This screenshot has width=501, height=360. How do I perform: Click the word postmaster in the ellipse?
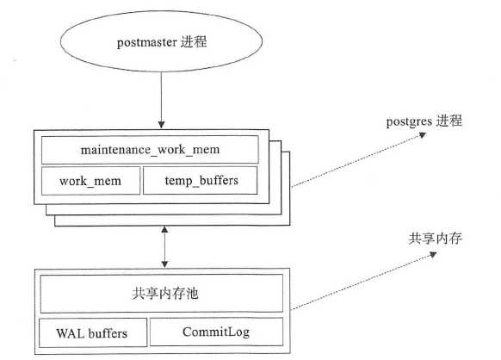146,42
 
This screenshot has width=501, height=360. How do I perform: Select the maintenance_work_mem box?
150,150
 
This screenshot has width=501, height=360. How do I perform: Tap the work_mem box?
90,181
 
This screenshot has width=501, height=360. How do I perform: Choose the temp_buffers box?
201,180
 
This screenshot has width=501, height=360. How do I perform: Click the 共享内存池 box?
162,293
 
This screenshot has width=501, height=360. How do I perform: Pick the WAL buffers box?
93,332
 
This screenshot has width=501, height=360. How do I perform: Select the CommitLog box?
217,332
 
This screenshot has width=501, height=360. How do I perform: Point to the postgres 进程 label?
424,121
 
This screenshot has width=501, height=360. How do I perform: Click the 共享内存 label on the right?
436,239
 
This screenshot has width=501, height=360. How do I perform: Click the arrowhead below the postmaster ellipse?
161,125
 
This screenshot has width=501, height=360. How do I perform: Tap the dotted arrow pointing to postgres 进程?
359,160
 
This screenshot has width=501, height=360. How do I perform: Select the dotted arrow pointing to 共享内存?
363,281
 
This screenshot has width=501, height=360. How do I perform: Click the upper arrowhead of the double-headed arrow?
164,230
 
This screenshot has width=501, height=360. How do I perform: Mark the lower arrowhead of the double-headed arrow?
164,264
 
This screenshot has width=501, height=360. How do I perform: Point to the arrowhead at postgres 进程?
423,135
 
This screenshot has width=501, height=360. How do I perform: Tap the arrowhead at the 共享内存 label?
433,254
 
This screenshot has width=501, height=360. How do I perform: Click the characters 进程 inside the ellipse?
194,42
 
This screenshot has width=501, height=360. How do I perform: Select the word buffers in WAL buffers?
108,333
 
